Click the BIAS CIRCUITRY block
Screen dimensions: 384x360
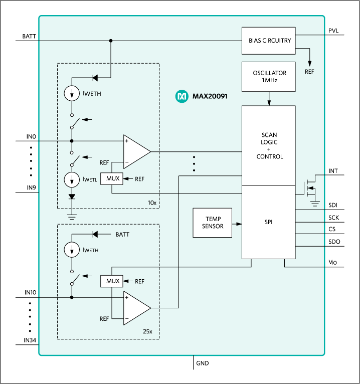click(x=269, y=41)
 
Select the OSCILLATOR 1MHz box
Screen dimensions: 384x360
click(x=269, y=77)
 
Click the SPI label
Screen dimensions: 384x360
click(x=269, y=221)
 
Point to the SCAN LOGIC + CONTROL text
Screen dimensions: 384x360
click(x=269, y=146)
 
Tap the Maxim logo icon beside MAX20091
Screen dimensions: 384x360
click(x=181, y=96)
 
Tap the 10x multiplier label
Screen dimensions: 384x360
click(x=152, y=203)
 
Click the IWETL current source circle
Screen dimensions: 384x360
click(x=72, y=179)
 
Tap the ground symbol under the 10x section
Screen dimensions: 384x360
click(x=72, y=216)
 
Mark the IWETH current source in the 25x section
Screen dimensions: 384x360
click(x=72, y=250)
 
